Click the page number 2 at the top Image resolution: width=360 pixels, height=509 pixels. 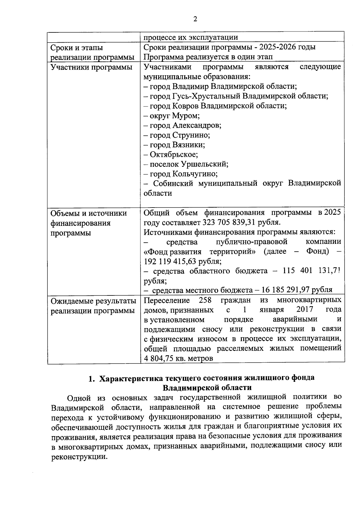click(x=195, y=19)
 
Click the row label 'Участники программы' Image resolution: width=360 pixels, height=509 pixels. click(x=91, y=67)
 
